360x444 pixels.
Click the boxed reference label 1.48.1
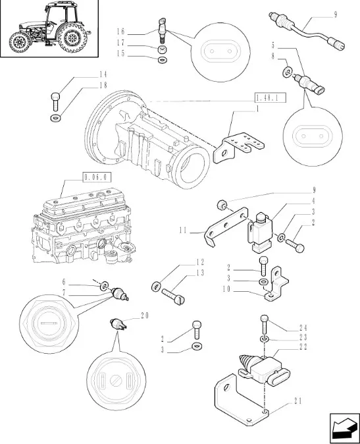coord(270,97)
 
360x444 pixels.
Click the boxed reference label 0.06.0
coord(97,177)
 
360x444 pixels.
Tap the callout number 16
coord(120,32)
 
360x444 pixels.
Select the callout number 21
coord(297,401)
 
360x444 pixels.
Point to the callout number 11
coord(183,230)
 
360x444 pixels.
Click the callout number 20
coord(145,315)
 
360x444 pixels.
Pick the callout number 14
coord(103,74)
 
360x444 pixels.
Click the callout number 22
coord(303,347)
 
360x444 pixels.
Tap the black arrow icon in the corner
coord(344,428)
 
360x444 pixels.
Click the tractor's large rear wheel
coord(72,38)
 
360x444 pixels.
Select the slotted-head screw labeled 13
coord(173,296)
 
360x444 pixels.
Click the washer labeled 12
coord(156,287)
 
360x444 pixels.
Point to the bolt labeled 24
coord(264,324)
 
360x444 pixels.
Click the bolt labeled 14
coord(55,101)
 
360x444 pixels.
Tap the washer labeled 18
coord(55,117)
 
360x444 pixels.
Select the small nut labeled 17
coord(162,50)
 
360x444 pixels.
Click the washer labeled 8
coord(286,72)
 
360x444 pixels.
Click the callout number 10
coord(226,289)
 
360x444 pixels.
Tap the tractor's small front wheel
coord(20,42)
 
